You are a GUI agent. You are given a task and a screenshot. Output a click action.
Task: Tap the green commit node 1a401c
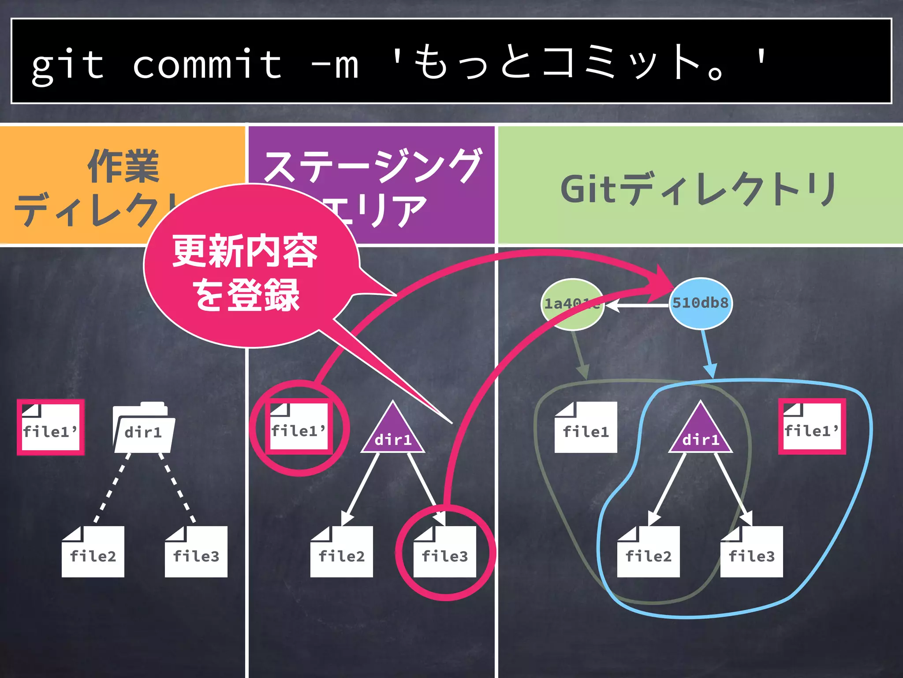pos(572,304)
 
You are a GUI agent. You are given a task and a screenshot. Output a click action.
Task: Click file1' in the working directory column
pos(50,427)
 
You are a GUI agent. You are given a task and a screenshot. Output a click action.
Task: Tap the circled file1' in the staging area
pos(299,427)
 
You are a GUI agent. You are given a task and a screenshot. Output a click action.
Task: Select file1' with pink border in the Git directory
pos(812,427)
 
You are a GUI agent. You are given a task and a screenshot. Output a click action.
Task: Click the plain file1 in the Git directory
pos(586,427)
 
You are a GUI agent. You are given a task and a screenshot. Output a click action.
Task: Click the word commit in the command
pos(207,64)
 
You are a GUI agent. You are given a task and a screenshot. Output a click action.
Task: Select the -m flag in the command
pos(335,64)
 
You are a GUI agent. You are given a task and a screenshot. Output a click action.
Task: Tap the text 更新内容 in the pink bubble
pos(245,251)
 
